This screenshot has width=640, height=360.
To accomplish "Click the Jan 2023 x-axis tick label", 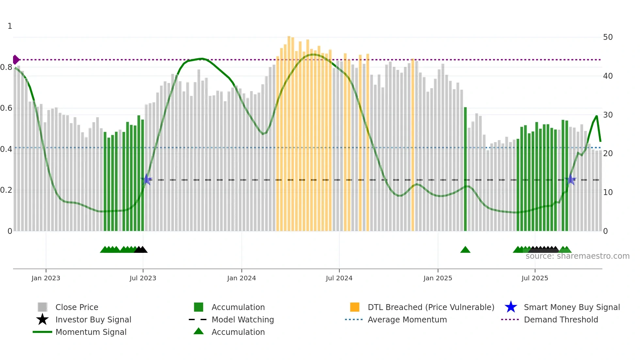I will [x=46, y=278].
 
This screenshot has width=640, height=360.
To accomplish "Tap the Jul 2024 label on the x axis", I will [x=339, y=278].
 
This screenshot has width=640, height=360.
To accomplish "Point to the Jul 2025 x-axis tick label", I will [x=535, y=278].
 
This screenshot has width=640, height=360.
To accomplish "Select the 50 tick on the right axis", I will [x=608, y=37].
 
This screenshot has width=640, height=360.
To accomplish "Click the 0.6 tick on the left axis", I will [x=6, y=108].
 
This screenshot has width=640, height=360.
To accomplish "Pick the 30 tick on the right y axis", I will [x=608, y=115].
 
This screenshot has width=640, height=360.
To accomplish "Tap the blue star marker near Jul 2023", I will [x=146, y=179].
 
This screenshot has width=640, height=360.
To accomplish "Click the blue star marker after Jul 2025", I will [x=570, y=179].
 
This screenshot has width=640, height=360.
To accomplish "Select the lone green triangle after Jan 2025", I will [x=465, y=250].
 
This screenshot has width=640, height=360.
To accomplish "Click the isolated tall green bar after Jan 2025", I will [x=465, y=170].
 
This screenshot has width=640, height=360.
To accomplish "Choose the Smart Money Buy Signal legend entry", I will [x=571, y=307].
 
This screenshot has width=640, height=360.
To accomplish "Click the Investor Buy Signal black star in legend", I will [x=42, y=319].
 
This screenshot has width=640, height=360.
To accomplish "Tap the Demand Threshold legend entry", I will [x=561, y=319].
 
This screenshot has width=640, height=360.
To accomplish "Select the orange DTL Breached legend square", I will [x=355, y=307].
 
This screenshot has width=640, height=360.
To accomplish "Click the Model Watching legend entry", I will [x=242, y=319].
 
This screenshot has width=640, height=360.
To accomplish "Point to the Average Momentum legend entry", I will [x=407, y=319].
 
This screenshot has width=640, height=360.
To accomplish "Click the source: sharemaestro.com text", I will [x=577, y=256].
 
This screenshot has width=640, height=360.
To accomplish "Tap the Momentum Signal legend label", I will [x=91, y=332].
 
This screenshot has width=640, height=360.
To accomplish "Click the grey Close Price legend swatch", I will [x=42, y=307].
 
